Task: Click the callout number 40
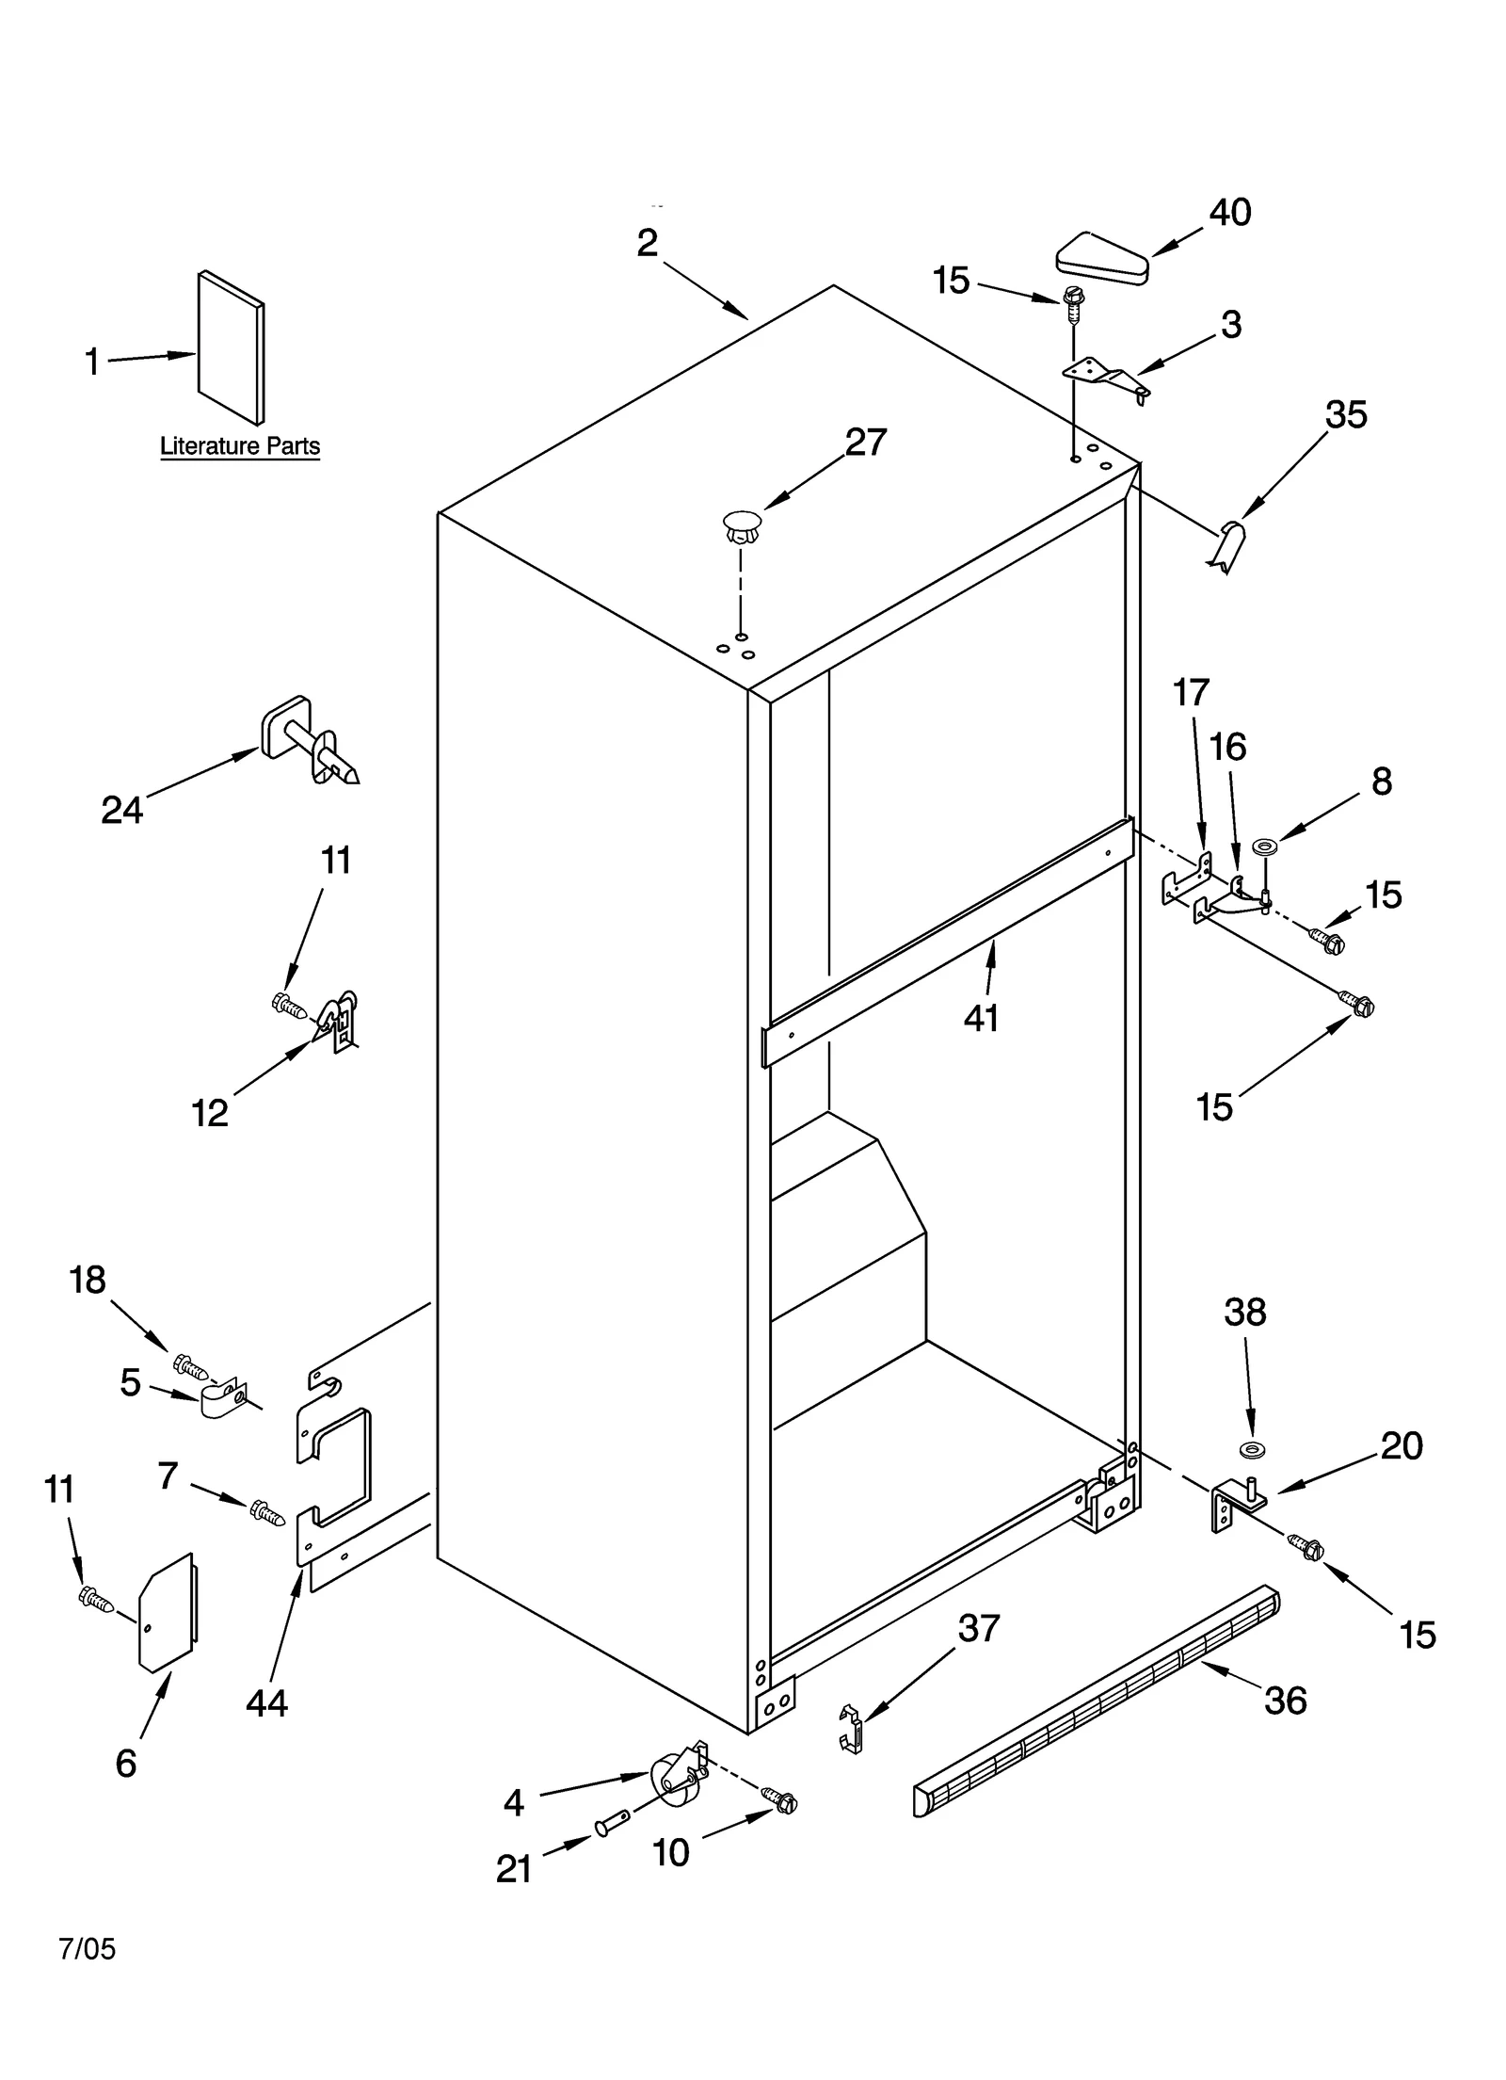(1229, 213)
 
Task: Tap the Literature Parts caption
(240, 445)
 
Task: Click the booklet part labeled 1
(231, 347)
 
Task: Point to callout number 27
(865, 443)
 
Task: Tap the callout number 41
(981, 1018)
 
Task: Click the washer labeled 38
(1251, 1447)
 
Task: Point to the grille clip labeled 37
(851, 1730)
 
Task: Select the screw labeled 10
(781, 1800)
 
